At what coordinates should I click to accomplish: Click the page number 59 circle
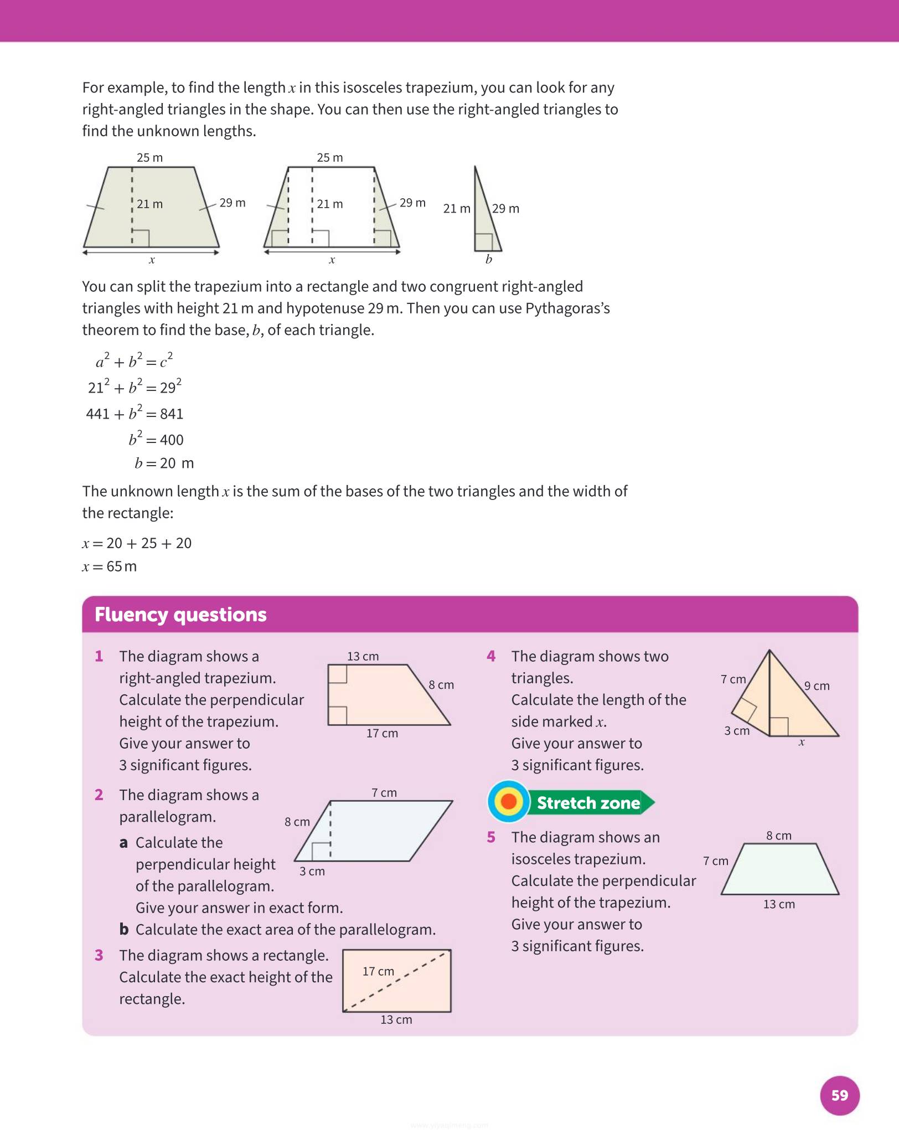pyautogui.click(x=839, y=1095)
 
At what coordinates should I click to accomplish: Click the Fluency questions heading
pyautogui.click(x=180, y=615)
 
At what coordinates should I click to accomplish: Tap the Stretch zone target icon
pyautogui.click(x=508, y=801)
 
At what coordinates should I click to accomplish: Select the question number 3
pyautogui.click(x=99, y=955)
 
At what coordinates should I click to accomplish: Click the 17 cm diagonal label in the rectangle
pyautogui.click(x=378, y=971)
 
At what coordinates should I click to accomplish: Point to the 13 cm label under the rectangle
pyautogui.click(x=396, y=1019)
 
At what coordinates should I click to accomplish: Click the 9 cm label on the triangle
pyautogui.click(x=817, y=685)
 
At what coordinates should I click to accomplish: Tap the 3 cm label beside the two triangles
pyautogui.click(x=736, y=731)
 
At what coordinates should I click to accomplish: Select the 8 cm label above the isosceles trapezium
pyautogui.click(x=778, y=836)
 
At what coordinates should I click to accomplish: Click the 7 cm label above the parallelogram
pyautogui.click(x=384, y=792)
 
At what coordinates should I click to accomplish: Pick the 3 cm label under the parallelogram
pyautogui.click(x=312, y=871)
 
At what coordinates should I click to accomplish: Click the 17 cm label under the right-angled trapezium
pyautogui.click(x=382, y=733)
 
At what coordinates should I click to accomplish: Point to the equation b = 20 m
pyautogui.click(x=164, y=463)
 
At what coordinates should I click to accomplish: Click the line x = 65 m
pyautogui.click(x=110, y=566)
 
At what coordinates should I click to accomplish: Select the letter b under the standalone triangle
pyautogui.click(x=488, y=259)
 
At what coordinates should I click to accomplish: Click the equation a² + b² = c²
pyautogui.click(x=134, y=361)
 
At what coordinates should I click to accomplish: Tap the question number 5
pyautogui.click(x=491, y=837)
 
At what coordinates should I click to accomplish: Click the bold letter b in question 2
pyautogui.click(x=124, y=929)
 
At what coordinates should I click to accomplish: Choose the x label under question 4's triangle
pyautogui.click(x=801, y=743)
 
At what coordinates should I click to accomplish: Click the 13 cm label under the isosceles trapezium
pyautogui.click(x=778, y=904)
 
